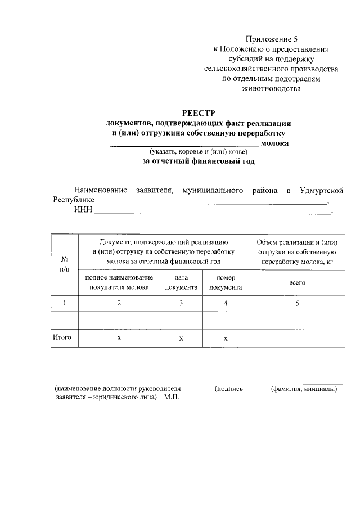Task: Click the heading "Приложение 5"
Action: click(x=271, y=39)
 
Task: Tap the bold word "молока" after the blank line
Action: click(x=275, y=143)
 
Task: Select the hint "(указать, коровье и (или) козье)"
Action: click(x=198, y=152)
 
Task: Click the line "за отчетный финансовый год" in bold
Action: click(x=198, y=161)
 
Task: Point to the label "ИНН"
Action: click(x=83, y=211)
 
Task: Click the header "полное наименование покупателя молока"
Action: click(x=119, y=282)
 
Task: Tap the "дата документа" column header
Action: click(x=181, y=282)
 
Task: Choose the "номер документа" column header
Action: click(x=226, y=282)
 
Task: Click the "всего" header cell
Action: click(x=297, y=282)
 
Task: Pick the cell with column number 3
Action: click(x=181, y=303)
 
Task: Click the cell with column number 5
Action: click(x=297, y=303)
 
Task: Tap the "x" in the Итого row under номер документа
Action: click(x=226, y=339)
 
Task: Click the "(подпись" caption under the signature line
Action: click(x=228, y=389)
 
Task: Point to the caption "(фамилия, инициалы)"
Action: click(x=304, y=389)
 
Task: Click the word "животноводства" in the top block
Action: click(x=271, y=88)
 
